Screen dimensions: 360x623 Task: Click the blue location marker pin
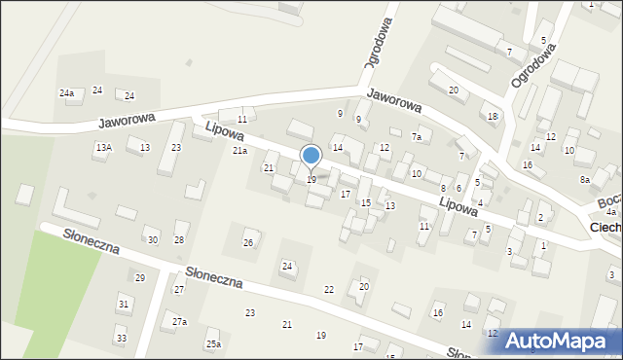coord(311,157)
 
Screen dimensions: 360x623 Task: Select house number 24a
coord(66,93)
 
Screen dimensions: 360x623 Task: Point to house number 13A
coord(103,147)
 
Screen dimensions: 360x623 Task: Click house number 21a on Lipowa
coord(239,151)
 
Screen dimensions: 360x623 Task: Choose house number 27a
coord(179,322)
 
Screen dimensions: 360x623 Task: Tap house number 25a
coord(213,344)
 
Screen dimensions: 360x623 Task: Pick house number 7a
coord(416,137)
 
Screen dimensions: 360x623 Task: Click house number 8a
coord(585,180)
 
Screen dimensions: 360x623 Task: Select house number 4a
coord(611,212)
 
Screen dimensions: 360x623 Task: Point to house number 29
coord(139,278)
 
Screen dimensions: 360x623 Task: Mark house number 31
coord(124,305)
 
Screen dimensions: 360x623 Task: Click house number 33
coord(121,339)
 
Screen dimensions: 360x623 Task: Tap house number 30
coord(152,240)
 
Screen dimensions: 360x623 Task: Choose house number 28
coord(179,240)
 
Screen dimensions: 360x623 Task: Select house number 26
coord(248,242)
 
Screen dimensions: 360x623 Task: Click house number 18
coord(493,117)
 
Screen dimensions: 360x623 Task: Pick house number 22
coord(329,290)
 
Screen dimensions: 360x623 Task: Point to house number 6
coord(458,188)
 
